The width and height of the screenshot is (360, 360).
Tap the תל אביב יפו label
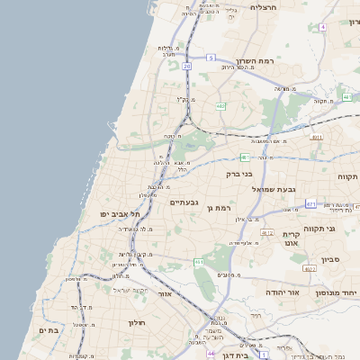(121, 213)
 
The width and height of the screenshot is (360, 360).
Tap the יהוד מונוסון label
(337, 292)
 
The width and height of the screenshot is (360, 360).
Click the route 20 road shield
(186, 65)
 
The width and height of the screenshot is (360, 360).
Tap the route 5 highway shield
(210, 58)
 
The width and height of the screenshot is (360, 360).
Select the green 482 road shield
(220, 106)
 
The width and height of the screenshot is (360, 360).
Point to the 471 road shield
(310, 204)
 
